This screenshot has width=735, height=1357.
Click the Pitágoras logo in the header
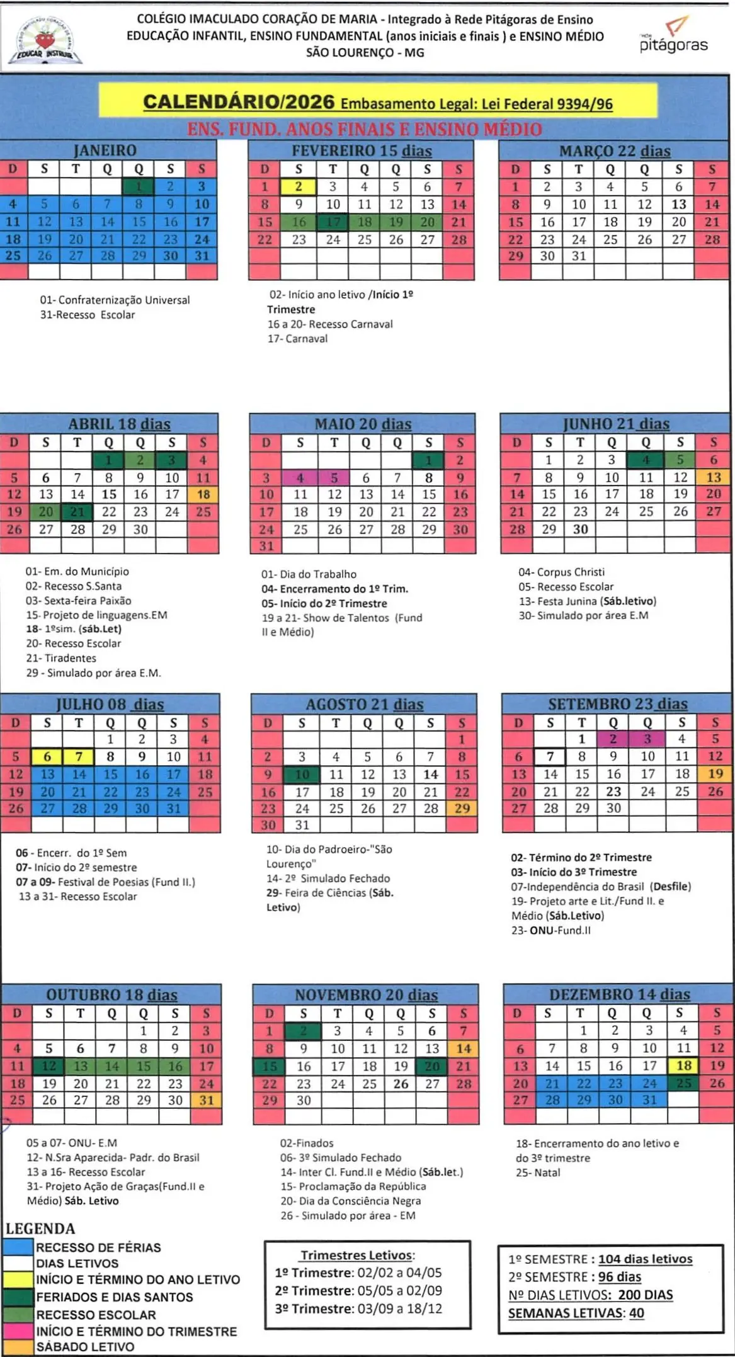(x=673, y=37)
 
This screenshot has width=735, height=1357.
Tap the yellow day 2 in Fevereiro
(x=299, y=186)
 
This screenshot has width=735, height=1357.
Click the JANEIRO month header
(x=105, y=150)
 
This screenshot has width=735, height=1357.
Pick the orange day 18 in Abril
(x=203, y=494)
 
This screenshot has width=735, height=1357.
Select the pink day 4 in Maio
(x=300, y=477)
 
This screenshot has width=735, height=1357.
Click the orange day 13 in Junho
(x=713, y=477)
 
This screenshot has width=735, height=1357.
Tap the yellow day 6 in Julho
(x=47, y=756)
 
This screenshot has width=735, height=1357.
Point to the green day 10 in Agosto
(x=302, y=774)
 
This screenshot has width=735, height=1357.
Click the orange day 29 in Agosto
(x=462, y=808)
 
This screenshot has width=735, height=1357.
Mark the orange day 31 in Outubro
(x=206, y=1100)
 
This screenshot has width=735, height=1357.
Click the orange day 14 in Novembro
(x=464, y=1048)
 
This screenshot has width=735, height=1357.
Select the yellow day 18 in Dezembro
(x=684, y=1065)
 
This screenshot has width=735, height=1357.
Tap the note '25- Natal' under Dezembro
(x=538, y=1172)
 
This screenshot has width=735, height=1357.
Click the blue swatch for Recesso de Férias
(x=18, y=1247)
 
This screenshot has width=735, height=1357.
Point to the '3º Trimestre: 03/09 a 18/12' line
(x=358, y=1309)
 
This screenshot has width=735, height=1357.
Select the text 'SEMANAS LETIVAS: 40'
(x=576, y=1313)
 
